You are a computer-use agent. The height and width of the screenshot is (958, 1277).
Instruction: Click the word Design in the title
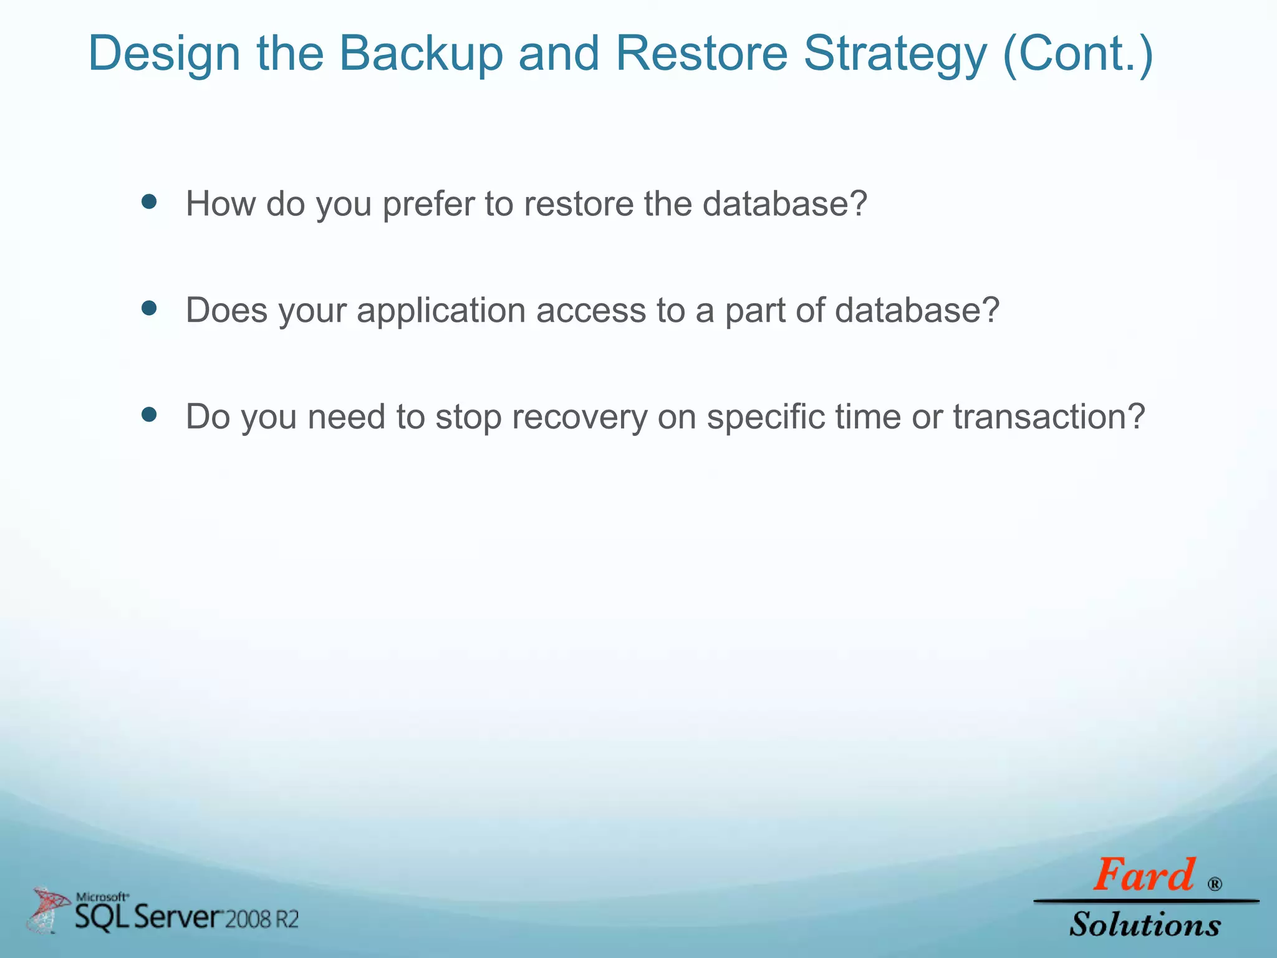tap(164, 54)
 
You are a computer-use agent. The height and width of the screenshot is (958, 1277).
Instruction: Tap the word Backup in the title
tap(420, 54)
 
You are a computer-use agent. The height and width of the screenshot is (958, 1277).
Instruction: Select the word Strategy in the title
tap(895, 54)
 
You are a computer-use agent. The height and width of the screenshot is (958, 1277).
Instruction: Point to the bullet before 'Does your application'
tap(148, 308)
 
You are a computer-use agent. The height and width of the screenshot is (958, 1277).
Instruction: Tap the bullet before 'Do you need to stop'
tap(148, 415)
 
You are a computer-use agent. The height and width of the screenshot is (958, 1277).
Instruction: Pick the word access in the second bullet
tap(590, 311)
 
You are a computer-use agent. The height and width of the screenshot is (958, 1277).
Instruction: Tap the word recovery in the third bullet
tap(579, 417)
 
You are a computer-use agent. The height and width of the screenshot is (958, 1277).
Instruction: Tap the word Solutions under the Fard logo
tap(1145, 924)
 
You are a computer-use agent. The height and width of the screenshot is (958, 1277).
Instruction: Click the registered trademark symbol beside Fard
tap(1215, 884)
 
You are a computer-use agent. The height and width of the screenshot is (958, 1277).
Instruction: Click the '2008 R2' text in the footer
tap(261, 919)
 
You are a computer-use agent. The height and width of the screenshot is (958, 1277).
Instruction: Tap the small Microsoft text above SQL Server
tap(102, 897)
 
